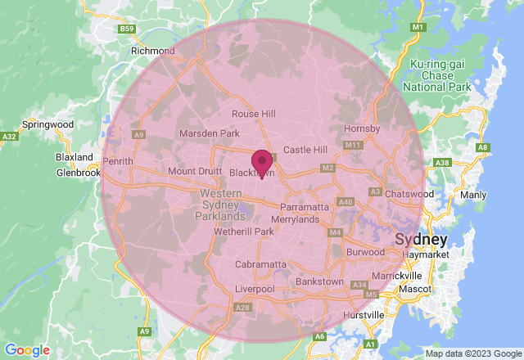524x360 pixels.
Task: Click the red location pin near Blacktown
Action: click(262, 160)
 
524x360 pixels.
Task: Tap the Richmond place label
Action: click(153, 51)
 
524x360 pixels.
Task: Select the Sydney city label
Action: click(421, 240)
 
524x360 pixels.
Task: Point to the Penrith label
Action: click(118, 161)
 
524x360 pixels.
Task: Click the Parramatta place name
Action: click(304, 208)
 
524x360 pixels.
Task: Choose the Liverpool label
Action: click(255, 290)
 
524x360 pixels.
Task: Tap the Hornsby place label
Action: click(362, 128)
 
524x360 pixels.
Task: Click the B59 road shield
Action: click(126, 29)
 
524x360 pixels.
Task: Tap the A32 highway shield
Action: click(10, 136)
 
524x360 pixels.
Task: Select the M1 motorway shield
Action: click(418, 28)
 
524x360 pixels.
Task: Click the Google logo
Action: click(27, 350)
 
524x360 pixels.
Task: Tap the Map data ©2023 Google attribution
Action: click(472, 353)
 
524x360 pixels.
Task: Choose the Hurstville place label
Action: click(364, 315)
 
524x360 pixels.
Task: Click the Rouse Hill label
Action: click(254, 114)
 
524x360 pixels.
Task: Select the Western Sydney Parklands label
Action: click(222, 205)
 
